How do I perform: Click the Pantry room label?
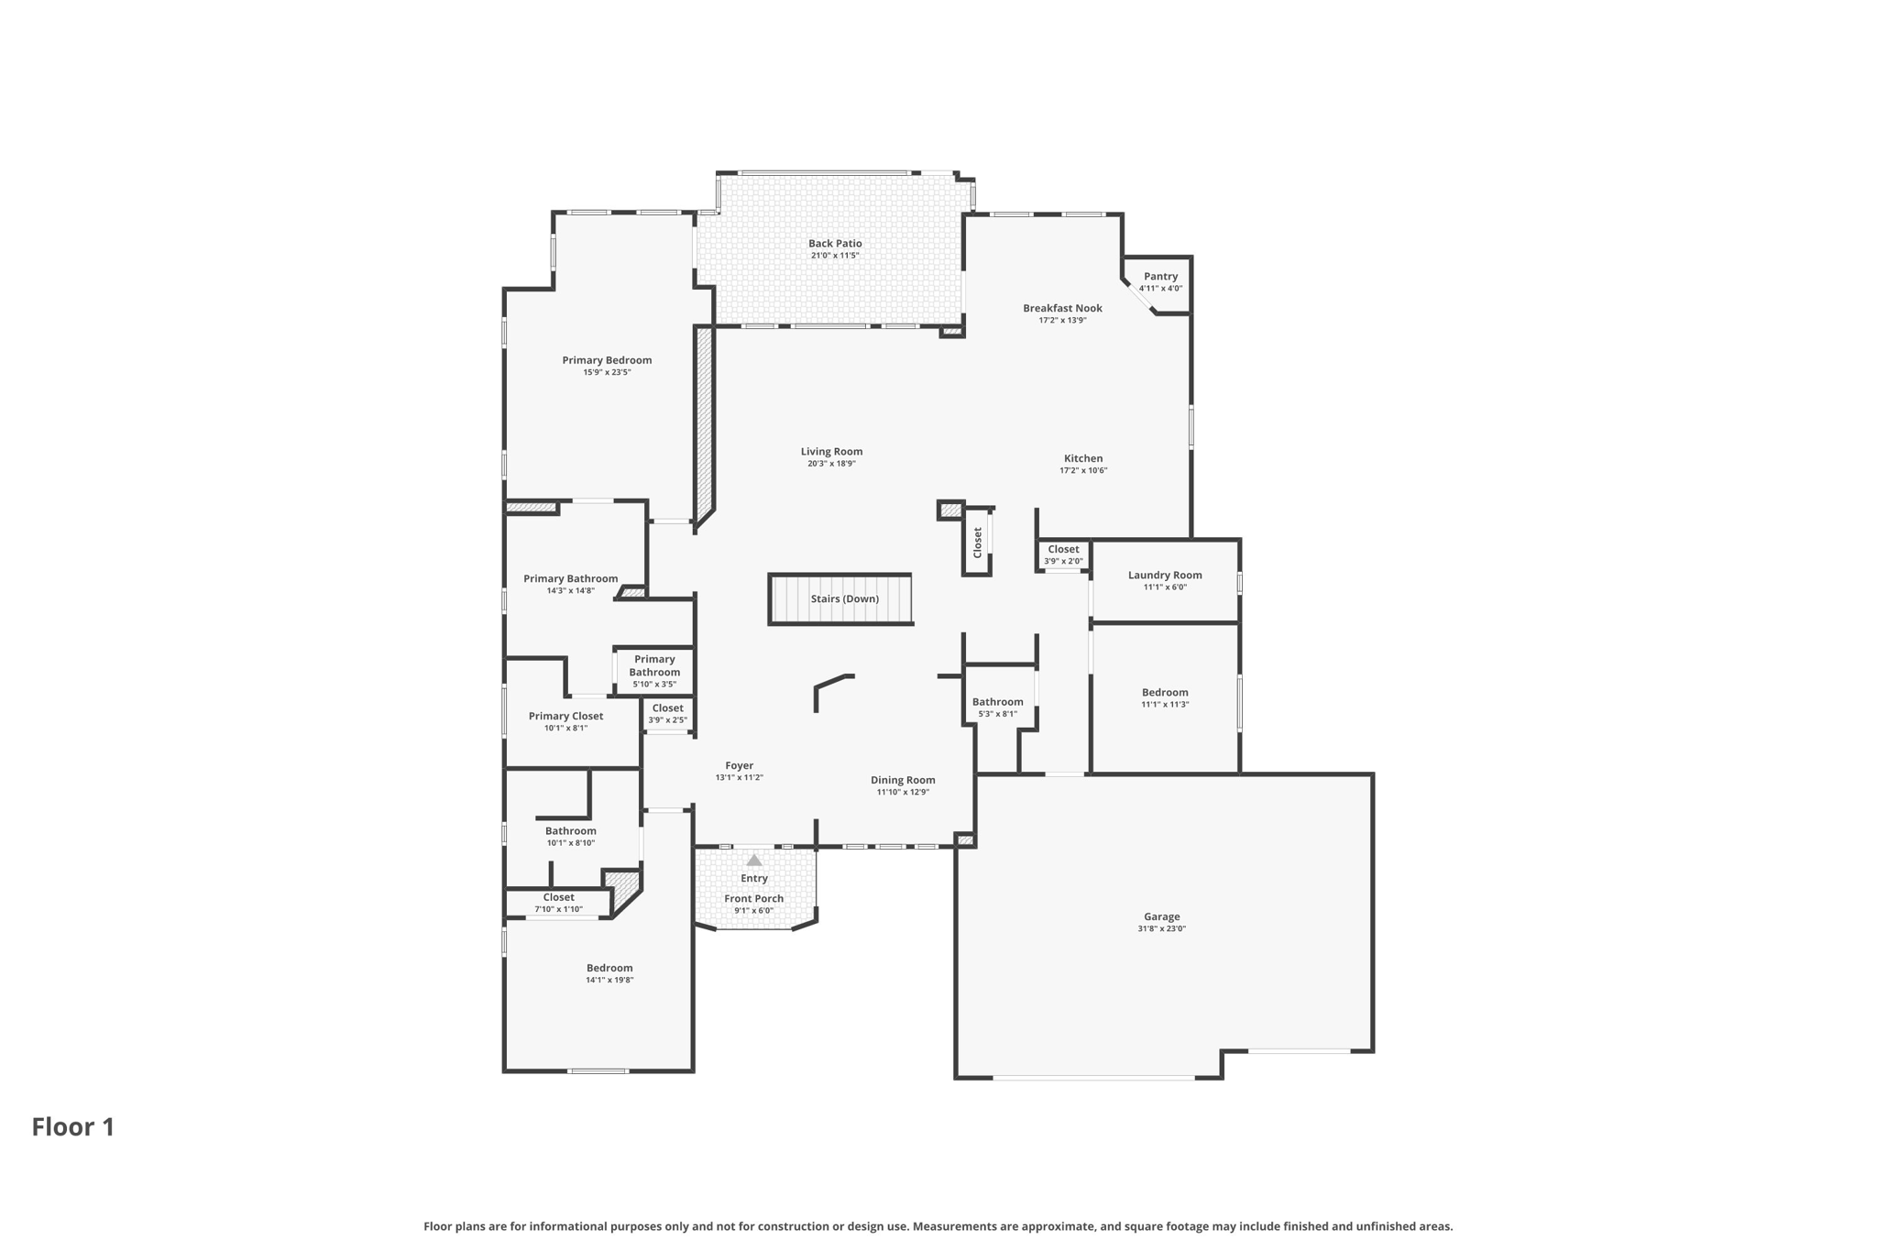(1160, 276)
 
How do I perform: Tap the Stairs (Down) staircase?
(841, 598)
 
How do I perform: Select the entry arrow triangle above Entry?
(754, 861)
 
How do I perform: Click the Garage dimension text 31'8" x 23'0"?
(1161, 928)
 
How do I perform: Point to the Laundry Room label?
(1165, 575)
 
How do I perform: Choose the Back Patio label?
(835, 243)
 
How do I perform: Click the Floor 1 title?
(73, 1126)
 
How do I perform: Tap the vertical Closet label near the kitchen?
(977, 542)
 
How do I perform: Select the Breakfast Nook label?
(1062, 308)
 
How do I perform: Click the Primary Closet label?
(565, 716)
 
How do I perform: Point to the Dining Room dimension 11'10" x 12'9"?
(903, 792)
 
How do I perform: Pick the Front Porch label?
(753, 898)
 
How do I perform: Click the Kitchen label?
(1083, 458)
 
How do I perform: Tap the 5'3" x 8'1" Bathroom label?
(997, 702)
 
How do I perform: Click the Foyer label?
(739, 765)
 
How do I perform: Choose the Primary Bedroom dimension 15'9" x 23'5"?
(607, 372)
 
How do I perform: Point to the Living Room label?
(831, 451)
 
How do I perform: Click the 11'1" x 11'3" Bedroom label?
(1165, 692)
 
